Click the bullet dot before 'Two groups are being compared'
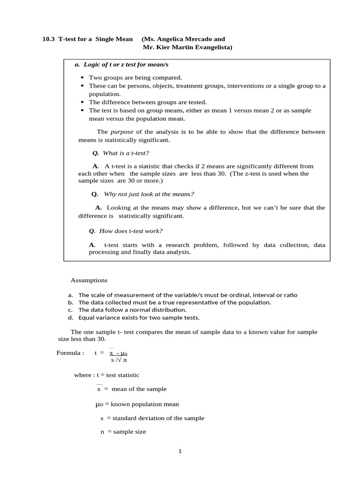tap(82, 78)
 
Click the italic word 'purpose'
tap(122, 132)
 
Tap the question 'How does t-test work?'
tap(131, 231)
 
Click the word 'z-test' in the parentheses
tap(250, 173)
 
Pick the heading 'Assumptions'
tap(89, 280)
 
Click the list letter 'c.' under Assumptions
tap(70, 310)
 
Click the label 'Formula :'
tap(70, 353)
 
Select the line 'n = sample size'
tap(123, 432)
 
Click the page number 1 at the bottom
tap(180, 451)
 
